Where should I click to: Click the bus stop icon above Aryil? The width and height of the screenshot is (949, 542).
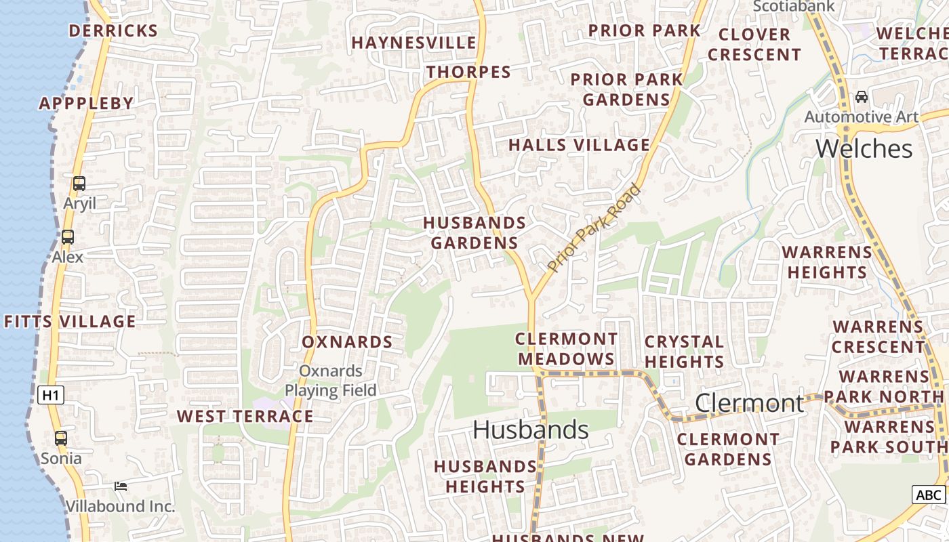(79, 184)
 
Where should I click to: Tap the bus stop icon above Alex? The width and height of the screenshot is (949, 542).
(67, 237)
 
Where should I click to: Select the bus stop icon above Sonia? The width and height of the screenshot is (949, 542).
(61, 438)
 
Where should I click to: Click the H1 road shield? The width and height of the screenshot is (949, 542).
(51, 395)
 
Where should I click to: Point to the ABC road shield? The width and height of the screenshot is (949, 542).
(928, 495)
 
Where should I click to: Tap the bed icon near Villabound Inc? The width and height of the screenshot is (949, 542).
(121, 486)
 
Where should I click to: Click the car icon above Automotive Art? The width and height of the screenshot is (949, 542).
(861, 97)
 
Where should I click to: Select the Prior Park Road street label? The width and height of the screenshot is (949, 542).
(594, 228)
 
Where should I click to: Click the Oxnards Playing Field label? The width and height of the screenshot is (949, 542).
(331, 381)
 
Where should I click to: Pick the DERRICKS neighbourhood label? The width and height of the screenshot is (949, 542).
(113, 30)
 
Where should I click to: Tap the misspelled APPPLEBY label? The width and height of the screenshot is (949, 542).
(86, 103)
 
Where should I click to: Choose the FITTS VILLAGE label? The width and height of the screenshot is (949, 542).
(70, 321)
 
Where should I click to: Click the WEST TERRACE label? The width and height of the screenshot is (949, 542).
(245, 416)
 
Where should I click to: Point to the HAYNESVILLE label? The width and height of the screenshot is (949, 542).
(413, 43)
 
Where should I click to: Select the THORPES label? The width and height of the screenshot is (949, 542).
(468, 72)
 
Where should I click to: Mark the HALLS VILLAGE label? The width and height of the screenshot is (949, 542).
(579, 145)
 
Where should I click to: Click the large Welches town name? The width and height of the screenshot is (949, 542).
(864, 148)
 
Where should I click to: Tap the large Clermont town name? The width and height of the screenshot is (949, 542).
(750, 403)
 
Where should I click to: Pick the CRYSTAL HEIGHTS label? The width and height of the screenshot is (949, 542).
(684, 352)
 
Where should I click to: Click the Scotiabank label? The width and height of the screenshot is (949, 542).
(794, 6)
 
